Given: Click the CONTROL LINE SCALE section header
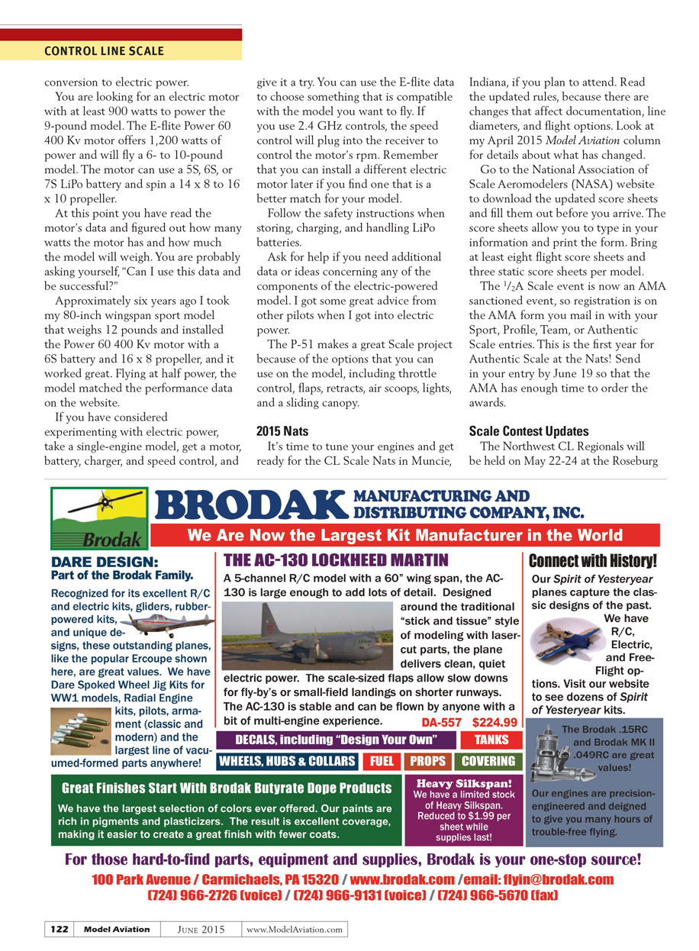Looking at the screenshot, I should pyautogui.click(x=104, y=51).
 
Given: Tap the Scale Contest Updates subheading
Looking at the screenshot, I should pyautogui.click(x=528, y=431).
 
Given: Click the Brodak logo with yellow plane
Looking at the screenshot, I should pyautogui.click(x=99, y=518).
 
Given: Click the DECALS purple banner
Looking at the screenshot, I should pyautogui.click(x=336, y=740).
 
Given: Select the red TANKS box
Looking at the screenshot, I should pyautogui.click(x=491, y=740).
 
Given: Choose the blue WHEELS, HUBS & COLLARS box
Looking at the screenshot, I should pyautogui.click(x=287, y=761).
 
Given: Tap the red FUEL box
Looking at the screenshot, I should pyautogui.click(x=382, y=761).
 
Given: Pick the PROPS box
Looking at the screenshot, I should pyautogui.click(x=427, y=761).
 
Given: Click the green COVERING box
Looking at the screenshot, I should pyautogui.click(x=488, y=761).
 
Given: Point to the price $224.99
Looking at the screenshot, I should pyautogui.click(x=494, y=722).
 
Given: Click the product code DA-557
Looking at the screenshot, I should pyautogui.click(x=442, y=722).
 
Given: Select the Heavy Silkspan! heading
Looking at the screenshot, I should pyautogui.click(x=464, y=783).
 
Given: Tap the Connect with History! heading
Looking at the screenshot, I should pyautogui.click(x=592, y=561).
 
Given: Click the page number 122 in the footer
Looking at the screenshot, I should pyautogui.click(x=59, y=929).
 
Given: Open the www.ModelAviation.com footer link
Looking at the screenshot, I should pyautogui.click(x=295, y=929).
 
